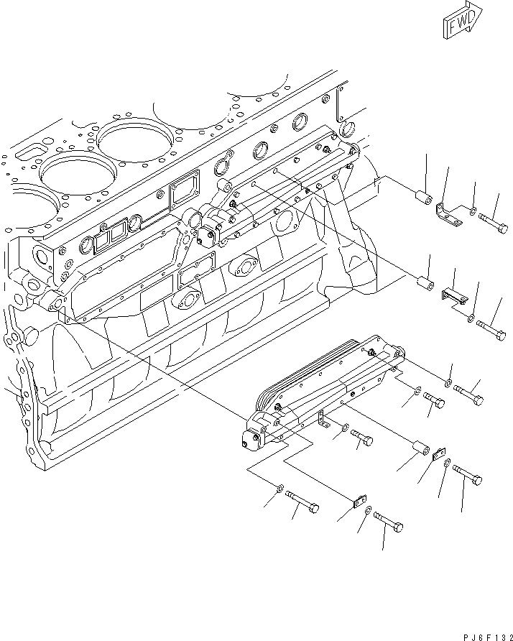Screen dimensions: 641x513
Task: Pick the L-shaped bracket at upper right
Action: pos(449,213)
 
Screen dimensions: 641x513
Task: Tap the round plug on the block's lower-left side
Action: pos(31,333)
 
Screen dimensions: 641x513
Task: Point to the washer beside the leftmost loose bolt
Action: pos(278,488)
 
